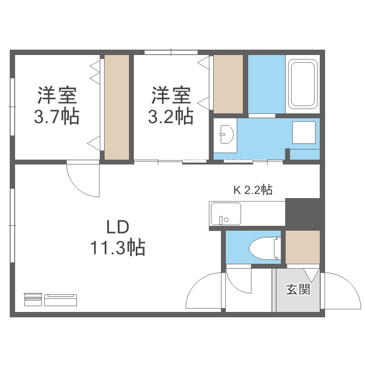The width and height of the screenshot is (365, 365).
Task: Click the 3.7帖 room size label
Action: pyautogui.click(x=56, y=117)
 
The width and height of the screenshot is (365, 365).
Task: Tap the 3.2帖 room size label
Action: pyautogui.click(x=170, y=117)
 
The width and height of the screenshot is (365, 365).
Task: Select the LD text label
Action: pyautogui.click(x=117, y=227)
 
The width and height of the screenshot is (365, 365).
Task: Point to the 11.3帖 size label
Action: pyautogui.click(x=117, y=248)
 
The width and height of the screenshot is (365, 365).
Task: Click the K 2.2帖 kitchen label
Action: pyautogui.click(x=253, y=190)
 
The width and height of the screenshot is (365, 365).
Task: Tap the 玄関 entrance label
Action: pyautogui.click(x=298, y=290)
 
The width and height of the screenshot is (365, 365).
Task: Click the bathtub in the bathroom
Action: pyautogui.click(x=303, y=84)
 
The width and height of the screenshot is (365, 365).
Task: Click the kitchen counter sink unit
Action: pyautogui.click(x=225, y=214)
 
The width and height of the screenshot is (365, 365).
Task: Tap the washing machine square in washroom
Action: pyautogui.click(x=304, y=133)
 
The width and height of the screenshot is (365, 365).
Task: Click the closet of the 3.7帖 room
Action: pyautogui.click(x=117, y=107)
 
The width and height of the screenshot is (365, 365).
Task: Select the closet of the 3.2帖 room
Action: pyautogui.click(x=228, y=84)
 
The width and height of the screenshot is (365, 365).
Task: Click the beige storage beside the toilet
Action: pyautogui.click(x=302, y=247)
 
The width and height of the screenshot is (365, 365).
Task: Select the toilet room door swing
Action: pyautogui.click(x=238, y=281)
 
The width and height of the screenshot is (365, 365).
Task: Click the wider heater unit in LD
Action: pyautogui.click(x=61, y=299)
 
